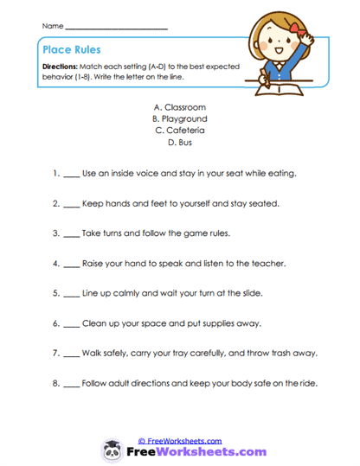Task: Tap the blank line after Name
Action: point(116,29)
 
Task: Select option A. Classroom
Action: point(179,106)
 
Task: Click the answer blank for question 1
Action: point(70,175)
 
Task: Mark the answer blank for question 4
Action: point(70,264)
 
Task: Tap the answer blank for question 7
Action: point(70,353)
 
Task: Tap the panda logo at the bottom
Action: point(114,450)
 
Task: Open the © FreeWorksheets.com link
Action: point(179,440)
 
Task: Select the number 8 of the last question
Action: point(55,382)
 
